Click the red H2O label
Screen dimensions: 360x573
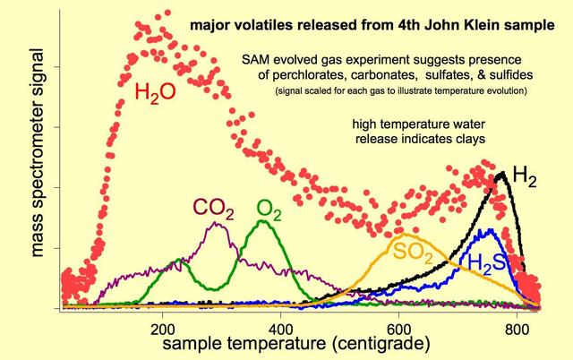point(155,92)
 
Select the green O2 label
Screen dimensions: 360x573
point(269,209)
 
